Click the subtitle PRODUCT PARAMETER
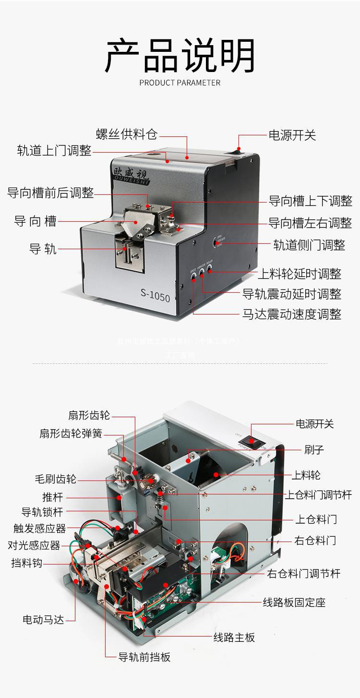tap(180, 83)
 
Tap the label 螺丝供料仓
tap(127, 134)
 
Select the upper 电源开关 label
tap(292, 135)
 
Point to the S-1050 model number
tap(155, 296)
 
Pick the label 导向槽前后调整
tap(50, 193)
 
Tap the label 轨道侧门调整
tap(309, 245)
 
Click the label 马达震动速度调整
tap(292, 314)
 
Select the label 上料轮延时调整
tap(300, 274)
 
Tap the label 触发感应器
tap(39, 529)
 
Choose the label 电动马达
tap(43, 619)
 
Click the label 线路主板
tap(234, 638)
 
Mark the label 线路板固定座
tap(294, 602)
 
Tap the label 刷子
tap(314, 450)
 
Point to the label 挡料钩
tap(27, 563)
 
